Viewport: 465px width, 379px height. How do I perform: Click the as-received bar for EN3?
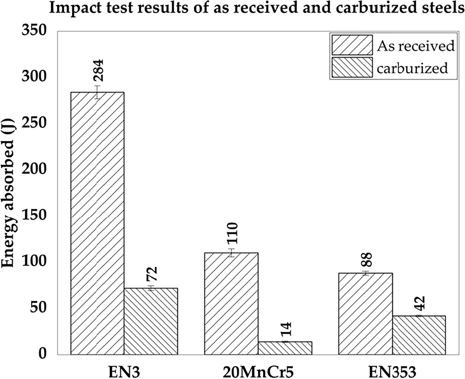97,223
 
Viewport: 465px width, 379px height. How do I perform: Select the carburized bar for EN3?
151,321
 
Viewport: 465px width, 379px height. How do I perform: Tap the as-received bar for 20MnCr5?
231,304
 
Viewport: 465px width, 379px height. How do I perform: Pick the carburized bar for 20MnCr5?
285,348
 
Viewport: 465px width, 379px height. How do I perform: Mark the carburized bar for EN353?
419,335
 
